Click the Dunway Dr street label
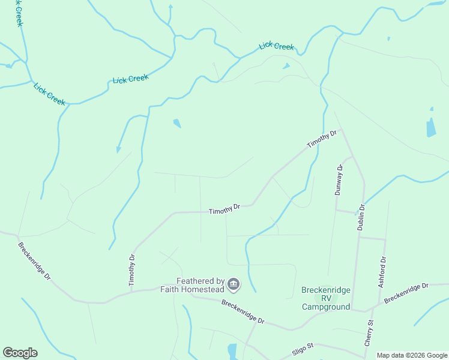point(339,179)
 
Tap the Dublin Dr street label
point(362,214)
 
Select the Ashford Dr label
point(382,272)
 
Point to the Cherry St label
point(369,332)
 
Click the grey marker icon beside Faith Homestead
point(234,284)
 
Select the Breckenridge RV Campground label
point(325,298)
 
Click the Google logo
point(20,353)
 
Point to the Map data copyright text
point(411,355)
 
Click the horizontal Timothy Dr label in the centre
point(224,209)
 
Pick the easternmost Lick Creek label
point(277,46)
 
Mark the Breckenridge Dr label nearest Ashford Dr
point(408,292)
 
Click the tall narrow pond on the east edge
point(431,126)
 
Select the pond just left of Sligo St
point(232,351)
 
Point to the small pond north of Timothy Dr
point(177,124)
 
